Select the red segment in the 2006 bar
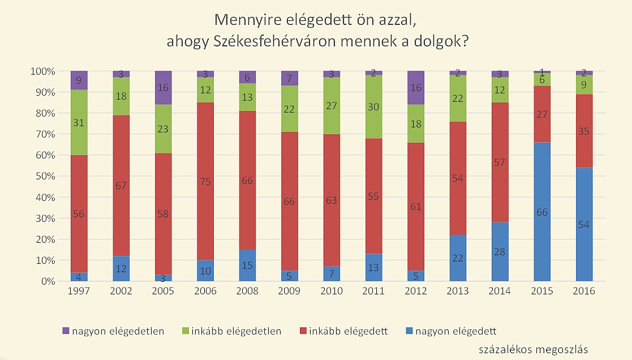tap(205, 181)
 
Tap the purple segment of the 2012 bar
tap(415, 88)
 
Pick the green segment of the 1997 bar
tap(79, 122)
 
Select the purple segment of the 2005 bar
tap(163, 88)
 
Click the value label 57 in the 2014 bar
tap(500, 162)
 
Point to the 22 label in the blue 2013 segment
tap(458, 258)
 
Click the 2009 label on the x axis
tap(289, 292)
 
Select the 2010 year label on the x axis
tap(331, 292)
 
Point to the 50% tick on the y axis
tap(44, 176)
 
